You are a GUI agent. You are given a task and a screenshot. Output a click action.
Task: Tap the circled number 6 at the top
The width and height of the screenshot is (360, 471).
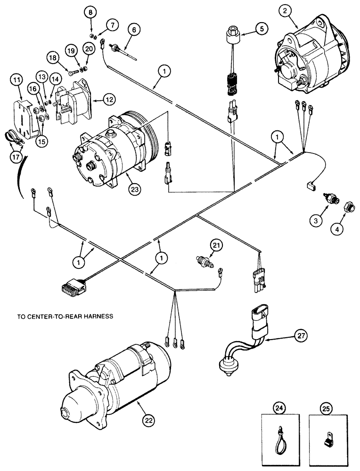[x=134, y=30]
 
